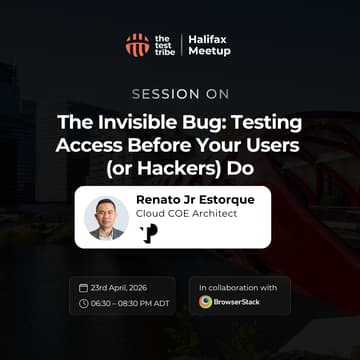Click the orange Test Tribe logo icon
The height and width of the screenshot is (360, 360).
pyautogui.click(x=137, y=45)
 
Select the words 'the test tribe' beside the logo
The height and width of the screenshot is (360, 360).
pyautogui.click(x=164, y=45)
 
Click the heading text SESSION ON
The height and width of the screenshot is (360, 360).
pyautogui.click(x=180, y=96)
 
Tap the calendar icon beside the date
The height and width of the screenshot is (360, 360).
pyautogui.click(x=83, y=287)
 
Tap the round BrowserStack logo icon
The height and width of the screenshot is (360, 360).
pyautogui.click(x=206, y=301)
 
